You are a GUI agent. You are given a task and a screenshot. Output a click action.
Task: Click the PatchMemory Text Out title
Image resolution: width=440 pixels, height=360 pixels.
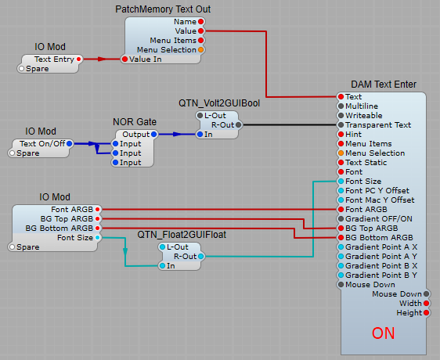point(162,9)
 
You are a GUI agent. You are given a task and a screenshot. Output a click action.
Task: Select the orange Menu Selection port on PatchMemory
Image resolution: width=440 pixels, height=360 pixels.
point(201,49)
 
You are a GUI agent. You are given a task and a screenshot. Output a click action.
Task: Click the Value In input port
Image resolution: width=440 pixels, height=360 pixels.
point(124,59)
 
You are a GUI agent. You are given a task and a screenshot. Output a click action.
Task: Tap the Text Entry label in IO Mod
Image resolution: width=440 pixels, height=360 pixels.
point(52,59)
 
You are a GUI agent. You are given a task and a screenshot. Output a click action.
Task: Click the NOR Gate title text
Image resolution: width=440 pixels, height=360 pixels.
point(135,122)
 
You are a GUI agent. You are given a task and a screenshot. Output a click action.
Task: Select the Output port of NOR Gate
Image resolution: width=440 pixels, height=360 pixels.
point(153,135)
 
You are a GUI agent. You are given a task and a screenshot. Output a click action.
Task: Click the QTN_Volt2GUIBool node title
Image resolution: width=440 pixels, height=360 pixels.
point(219,103)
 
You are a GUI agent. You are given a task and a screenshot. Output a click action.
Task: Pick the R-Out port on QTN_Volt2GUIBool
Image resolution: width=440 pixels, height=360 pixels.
point(238,124)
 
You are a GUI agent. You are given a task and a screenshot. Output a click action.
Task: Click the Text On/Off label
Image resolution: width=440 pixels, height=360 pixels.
point(42,143)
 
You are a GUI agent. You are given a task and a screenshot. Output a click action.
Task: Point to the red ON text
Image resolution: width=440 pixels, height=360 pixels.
point(383,333)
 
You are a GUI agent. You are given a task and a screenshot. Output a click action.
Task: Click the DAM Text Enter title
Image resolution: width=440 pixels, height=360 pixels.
point(384,84)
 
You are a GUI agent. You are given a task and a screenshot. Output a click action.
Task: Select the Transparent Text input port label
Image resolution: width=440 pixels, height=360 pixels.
point(378,124)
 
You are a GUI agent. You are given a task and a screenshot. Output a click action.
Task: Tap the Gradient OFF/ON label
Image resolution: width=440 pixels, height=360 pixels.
point(379,218)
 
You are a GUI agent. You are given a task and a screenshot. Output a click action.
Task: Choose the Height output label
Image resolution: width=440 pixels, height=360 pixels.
point(407,312)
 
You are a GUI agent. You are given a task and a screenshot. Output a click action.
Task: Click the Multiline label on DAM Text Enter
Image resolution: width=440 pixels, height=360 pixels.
point(362,106)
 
